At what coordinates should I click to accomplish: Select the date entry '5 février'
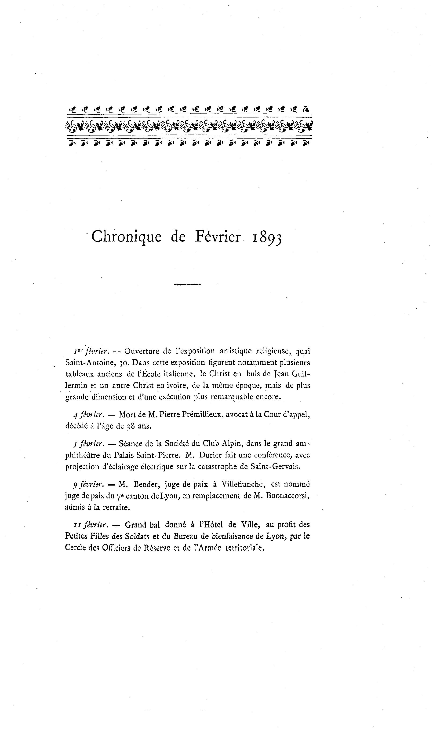(88, 444)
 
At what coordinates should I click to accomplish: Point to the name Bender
(146, 484)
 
